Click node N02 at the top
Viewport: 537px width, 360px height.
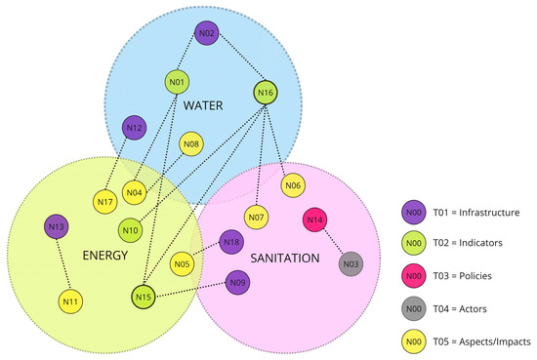[206, 34]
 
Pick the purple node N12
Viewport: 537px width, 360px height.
[135, 128]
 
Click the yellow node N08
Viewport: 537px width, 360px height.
[191, 146]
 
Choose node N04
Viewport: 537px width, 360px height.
[135, 192]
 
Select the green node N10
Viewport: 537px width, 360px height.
[130, 230]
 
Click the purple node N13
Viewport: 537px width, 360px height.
[56, 227]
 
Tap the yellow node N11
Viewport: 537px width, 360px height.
[70, 301]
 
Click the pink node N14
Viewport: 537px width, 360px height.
[314, 221]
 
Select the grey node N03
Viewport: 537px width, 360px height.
[351, 263]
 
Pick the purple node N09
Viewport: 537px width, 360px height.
[237, 284]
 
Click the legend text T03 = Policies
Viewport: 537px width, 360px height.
[477, 276]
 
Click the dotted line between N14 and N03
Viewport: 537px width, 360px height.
[333, 243]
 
